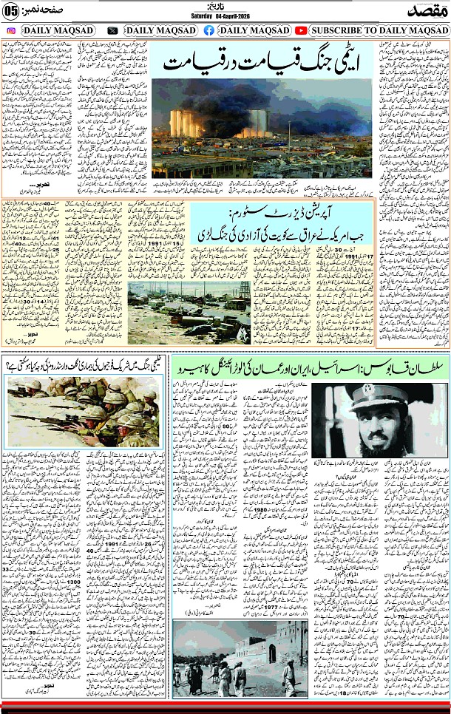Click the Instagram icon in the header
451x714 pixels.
11,30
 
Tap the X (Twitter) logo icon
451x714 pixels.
112,30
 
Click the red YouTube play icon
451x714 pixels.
301,30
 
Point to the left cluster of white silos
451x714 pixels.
185,123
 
